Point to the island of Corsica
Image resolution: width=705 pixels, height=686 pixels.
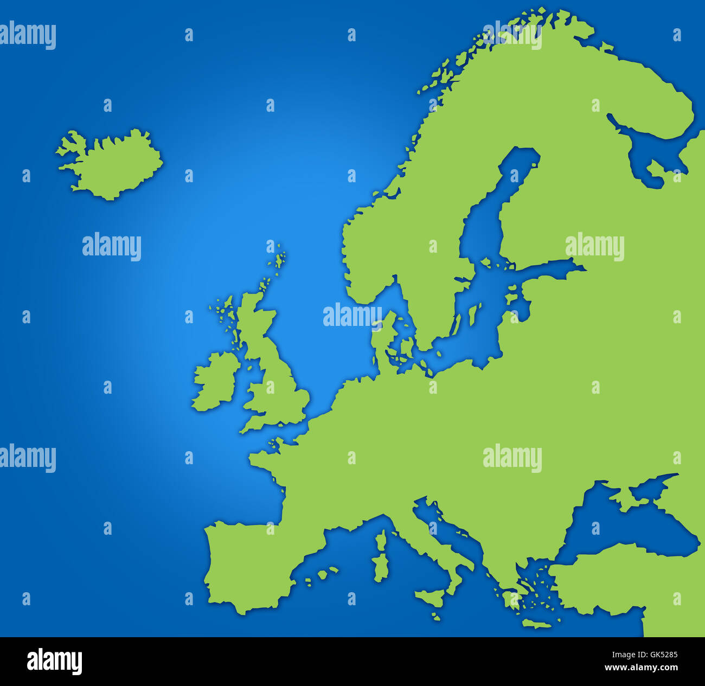click(x=381, y=540)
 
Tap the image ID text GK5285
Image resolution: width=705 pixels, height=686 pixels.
click(x=658, y=655)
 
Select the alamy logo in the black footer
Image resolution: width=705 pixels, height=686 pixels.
click(x=54, y=661)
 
